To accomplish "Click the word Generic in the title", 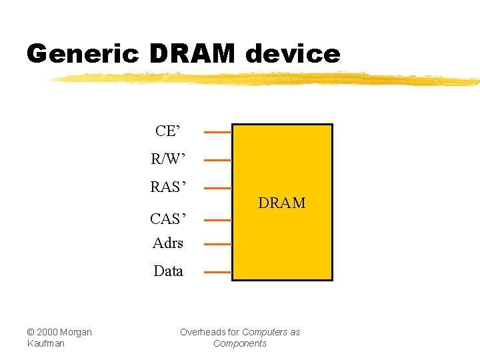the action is pos(82,53).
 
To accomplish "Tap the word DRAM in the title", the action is pos(193,53).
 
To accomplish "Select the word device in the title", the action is pos(293,53).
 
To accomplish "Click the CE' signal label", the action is pos(167,131).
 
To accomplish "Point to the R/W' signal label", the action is pos(168,160).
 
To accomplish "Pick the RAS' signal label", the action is pos(168,187).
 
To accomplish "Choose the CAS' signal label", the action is pos(168,219).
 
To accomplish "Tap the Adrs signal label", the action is pos(168,243).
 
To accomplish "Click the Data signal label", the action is pos(168,271).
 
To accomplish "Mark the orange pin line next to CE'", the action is pos(217,132).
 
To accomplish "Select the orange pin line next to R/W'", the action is pos(217,160).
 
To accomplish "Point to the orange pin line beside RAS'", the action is pos(217,188).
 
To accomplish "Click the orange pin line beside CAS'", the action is pos(217,219).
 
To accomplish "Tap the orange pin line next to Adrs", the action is pos(217,244).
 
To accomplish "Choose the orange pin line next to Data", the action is pos(217,272).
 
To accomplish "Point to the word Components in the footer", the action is pos(240,343).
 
